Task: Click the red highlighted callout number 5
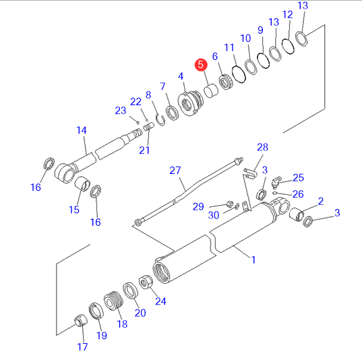[x=201, y=65]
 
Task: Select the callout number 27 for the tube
[x=175, y=171]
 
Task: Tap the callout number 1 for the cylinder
[x=253, y=260]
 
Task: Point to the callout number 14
[x=82, y=130]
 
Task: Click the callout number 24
[x=160, y=301]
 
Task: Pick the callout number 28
[x=262, y=147]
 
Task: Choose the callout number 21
[x=144, y=150]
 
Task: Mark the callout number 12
[x=287, y=15]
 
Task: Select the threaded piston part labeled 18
[x=113, y=301]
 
